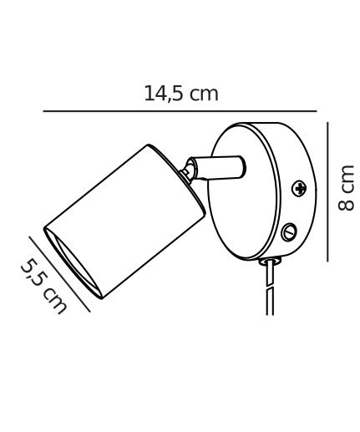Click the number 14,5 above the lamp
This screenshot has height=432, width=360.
[x=164, y=94]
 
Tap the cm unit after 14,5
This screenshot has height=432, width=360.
[x=204, y=94]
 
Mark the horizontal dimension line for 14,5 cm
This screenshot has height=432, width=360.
[x=180, y=111]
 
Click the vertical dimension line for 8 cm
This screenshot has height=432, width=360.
[x=327, y=192]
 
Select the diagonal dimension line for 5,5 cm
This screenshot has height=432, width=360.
[x=59, y=274]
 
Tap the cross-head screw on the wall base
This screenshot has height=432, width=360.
[x=299, y=189]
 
